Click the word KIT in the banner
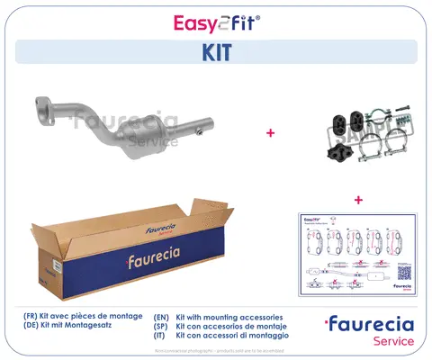216,53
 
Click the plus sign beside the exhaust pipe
269,132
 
